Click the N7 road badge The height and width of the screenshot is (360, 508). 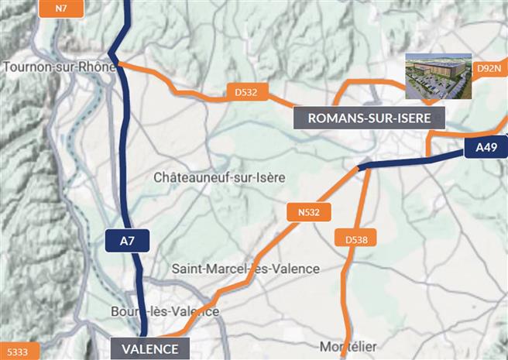coord(61,8)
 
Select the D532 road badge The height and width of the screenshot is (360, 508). coord(246,92)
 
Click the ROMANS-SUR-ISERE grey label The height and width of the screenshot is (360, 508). coord(370,118)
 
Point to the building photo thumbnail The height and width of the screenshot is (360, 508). coord(438,77)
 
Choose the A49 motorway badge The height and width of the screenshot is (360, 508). coord(486,147)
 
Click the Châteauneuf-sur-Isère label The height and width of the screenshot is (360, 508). coord(220,177)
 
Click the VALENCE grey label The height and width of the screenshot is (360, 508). coord(149,348)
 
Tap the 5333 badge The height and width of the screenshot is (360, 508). coord(15,352)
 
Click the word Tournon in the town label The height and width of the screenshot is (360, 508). coord(29,67)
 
